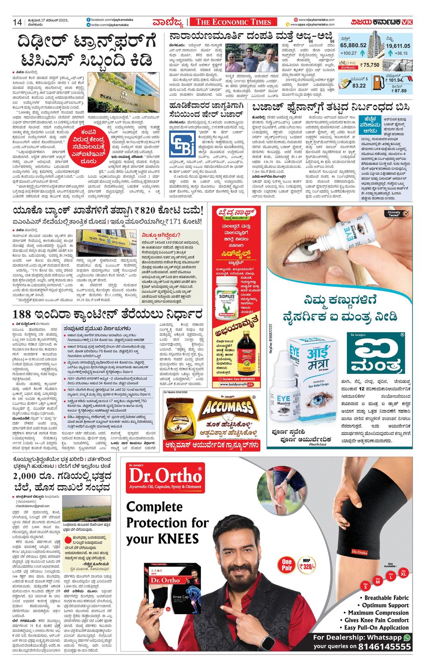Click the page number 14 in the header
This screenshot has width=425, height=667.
click(x=17, y=22)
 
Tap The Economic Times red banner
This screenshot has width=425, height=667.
click(x=234, y=22)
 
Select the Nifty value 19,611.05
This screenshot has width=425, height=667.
click(x=398, y=45)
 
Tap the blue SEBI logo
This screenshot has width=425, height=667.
click(x=182, y=144)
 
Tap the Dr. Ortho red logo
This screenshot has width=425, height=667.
click(x=165, y=477)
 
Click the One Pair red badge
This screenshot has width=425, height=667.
click(x=287, y=564)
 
